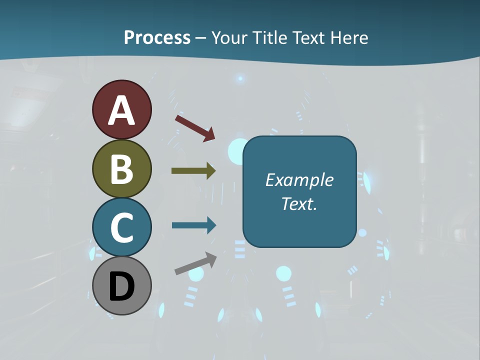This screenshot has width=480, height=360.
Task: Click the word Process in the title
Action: (x=157, y=37)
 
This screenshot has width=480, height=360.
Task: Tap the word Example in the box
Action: (x=299, y=180)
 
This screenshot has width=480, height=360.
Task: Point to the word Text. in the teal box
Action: (x=299, y=204)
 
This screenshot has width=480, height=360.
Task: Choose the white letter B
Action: (x=121, y=169)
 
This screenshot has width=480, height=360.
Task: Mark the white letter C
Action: (x=121, y=227)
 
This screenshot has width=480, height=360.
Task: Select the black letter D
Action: (x=121, y=286)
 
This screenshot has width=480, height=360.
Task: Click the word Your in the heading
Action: (x=229, y=37)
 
